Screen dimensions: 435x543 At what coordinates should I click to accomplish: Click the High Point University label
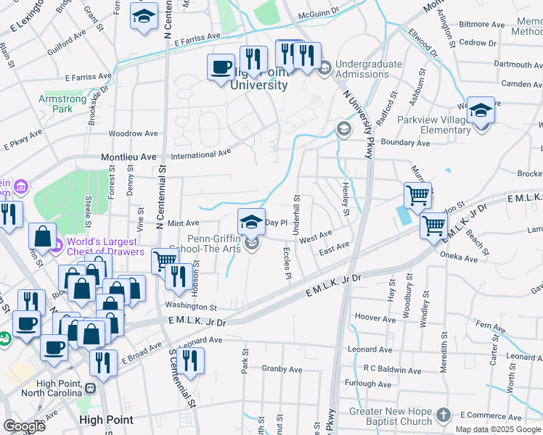pos(258,79)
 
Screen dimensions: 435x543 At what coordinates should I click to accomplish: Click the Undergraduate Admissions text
pos(368,69)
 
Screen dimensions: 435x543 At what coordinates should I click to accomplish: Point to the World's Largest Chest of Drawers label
pos(102,246)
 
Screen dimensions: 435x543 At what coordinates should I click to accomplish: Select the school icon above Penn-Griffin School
pos(252,220)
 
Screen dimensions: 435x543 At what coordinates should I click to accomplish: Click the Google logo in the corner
pos(25,426)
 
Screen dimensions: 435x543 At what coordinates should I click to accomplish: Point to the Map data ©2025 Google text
pos(497,429)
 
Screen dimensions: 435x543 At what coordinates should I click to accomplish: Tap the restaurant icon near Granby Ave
pos(190,360)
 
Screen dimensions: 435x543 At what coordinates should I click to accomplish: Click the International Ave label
pos(201,154)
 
